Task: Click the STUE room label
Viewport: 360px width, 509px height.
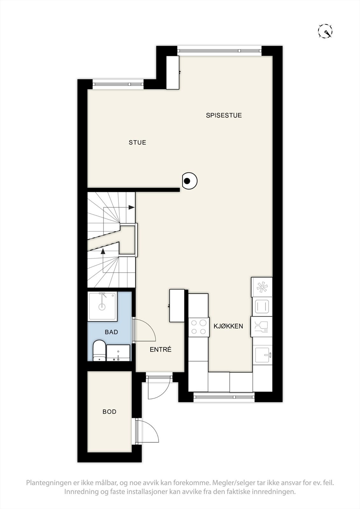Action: click(138, 143)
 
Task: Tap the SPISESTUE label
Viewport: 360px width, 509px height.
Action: click(224, 115)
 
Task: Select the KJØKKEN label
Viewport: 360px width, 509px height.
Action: click(228, 326)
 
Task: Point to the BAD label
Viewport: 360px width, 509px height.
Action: click(111, 332)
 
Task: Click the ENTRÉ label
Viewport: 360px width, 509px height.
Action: click(160, 349)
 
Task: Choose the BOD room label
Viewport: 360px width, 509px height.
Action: click(109, 412)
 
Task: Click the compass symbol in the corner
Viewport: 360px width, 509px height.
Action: click(325, 31)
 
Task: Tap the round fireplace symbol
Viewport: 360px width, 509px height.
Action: click(189, 181)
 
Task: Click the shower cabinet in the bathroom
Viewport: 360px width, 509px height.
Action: click(102, 306)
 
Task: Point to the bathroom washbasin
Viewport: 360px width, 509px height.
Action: click(118, 353)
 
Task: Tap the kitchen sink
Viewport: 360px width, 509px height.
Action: click(263, 355)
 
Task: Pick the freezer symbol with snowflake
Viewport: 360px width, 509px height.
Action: click(262, 287)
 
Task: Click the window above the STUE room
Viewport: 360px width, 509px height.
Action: click(118, 84)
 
